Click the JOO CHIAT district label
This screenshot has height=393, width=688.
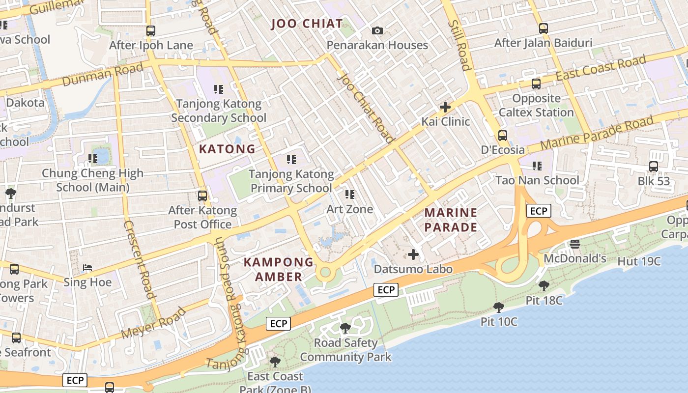tap(307, 23)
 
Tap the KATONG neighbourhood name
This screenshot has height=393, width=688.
tap(227, 149)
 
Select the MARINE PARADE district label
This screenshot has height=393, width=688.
tap(451, 220)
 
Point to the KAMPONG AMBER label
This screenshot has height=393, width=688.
tap(279, 269)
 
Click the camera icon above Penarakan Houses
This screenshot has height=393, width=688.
tap(377, 31)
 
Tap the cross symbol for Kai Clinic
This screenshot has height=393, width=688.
tap(445, 107)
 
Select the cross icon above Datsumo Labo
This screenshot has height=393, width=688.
tap(413, 254)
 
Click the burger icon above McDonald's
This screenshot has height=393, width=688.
tap(574, 244)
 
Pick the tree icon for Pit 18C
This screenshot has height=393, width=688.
tap(544, 285)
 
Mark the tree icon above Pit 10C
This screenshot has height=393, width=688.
tap(499, 308)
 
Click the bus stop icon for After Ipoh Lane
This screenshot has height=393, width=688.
tap(151, 31)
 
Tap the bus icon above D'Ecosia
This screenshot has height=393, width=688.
tap(502, 136)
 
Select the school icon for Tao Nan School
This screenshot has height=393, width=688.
tap(537, 166)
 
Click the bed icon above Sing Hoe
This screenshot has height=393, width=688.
tap(87, 268)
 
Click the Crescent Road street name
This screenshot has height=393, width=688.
tap(139, 259)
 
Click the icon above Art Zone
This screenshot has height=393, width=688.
tap(349, 195)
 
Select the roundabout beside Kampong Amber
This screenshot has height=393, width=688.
tap(324, 272)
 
